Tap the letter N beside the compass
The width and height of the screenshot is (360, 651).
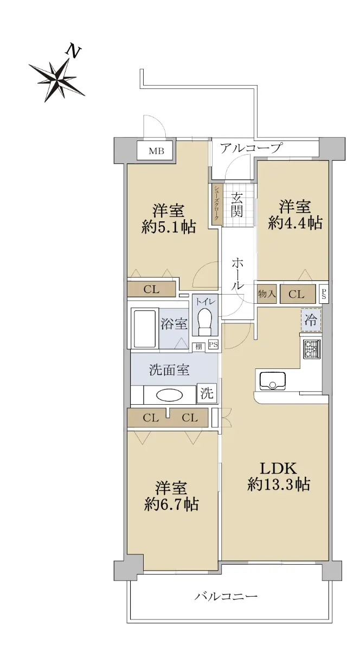[x=73, y=51]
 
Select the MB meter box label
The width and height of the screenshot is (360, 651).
[x=156, y=151]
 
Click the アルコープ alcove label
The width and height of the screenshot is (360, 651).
[x=250, y=148]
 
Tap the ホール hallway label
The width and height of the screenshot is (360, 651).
[x=237, y=273]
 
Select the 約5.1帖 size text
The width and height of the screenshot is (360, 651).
[x=169, y=227]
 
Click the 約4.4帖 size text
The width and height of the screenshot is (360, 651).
[x=295, y=223]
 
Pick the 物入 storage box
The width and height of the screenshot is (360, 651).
[x=267, y=294]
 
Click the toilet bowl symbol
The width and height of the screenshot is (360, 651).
[x=204, y=322]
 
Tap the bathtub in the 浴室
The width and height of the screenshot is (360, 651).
[x=144, y=328]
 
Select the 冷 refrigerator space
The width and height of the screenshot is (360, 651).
[x=311, y=320]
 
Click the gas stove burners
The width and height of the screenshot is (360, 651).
[x=312, y=349]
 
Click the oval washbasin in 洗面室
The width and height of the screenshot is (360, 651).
[x=170, y=395]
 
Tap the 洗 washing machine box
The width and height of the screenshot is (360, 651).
[x=207, y=393]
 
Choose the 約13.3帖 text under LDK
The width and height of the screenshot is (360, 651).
[x=278, y=484]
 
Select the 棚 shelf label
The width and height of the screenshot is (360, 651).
[x=199, y=347]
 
